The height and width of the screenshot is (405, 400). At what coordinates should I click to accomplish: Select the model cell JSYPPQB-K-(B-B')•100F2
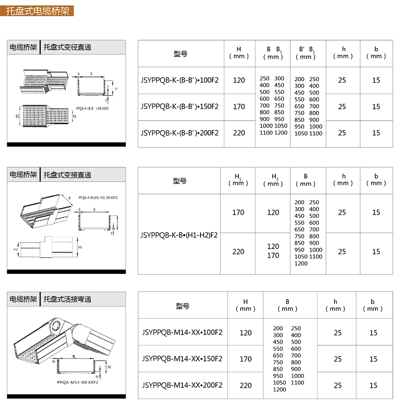[x=180, y=80]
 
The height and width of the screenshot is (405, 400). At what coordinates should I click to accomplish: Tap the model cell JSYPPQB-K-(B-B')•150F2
[x=180, y=107]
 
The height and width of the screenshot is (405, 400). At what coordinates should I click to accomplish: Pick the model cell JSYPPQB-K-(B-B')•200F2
[x=180, y=133]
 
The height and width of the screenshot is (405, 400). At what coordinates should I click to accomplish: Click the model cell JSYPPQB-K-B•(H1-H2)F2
[x=179, y=235]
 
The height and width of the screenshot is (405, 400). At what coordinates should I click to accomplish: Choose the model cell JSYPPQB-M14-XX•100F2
[x=182, y=333]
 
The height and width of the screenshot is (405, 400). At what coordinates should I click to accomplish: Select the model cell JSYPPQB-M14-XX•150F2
[x=182, y=359]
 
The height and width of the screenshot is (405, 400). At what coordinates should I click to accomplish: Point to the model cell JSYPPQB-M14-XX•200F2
[x=182, y=385]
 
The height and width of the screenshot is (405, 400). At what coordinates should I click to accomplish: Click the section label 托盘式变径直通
[x=67, y=47]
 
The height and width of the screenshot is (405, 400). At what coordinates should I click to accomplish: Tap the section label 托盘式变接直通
[x=67, y=175]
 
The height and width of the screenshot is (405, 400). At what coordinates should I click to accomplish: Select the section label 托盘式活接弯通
[x=67, y=299]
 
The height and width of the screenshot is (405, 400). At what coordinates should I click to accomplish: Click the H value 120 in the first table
[x=239, y=80]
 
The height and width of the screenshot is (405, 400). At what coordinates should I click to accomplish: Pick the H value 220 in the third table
[x=246, y=385]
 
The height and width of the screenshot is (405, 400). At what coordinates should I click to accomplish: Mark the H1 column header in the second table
[x=238, y=180]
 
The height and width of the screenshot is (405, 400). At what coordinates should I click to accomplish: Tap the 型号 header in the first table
[x=181, y=54]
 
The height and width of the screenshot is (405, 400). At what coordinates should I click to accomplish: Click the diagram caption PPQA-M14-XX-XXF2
[x=78, y=382]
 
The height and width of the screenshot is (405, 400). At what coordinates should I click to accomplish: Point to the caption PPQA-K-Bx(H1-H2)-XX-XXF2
[x=98, y=198]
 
